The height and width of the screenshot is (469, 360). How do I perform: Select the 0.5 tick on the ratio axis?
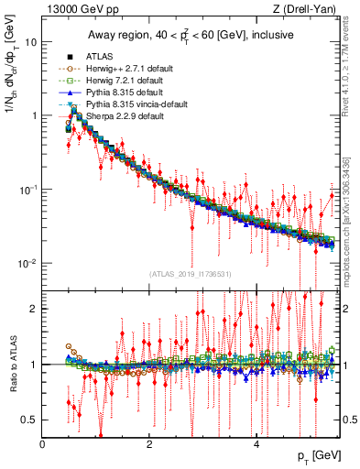coord(30,420)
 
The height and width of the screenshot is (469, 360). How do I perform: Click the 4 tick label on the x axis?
coord(256,443)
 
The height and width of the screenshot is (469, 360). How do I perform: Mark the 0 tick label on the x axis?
coord(43,443)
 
